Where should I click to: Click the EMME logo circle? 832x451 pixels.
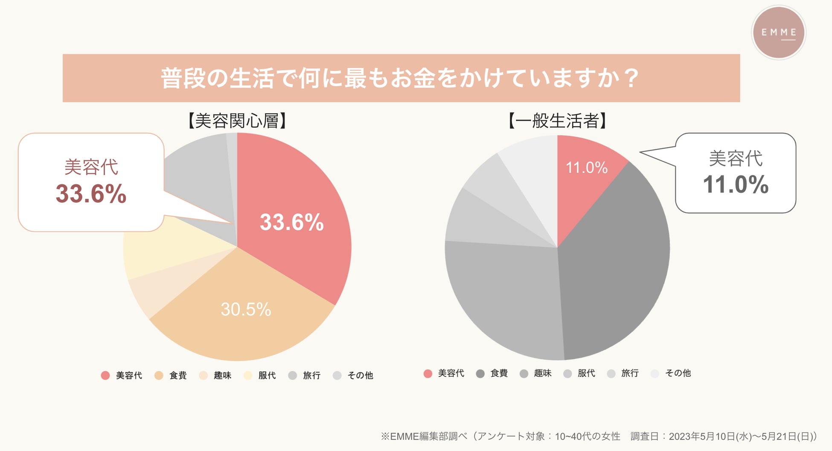point(778,32)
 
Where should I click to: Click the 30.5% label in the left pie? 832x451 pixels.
point(246,309)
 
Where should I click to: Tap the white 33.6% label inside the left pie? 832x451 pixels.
point(292,222)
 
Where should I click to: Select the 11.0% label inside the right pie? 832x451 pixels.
point(586,168)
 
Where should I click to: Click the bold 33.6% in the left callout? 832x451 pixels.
point(91,194)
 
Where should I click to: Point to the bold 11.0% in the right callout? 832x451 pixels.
point(735,185)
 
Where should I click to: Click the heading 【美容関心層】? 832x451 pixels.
point(237,121)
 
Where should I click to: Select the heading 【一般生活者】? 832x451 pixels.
point(557,121)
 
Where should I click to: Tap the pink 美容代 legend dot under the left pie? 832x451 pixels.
point(105,375)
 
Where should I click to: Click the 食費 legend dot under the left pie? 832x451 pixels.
point(159,375)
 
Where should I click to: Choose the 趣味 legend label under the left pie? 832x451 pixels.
point(222,375)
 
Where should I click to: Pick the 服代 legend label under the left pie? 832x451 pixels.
point(267,375)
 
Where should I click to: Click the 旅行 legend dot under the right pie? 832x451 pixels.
point(611,374)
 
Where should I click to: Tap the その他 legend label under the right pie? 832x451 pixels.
point(678,373)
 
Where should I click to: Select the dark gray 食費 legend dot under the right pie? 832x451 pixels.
point(480,374)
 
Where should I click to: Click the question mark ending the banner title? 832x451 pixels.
point(631,78)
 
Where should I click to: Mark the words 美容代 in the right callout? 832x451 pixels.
point(735,159)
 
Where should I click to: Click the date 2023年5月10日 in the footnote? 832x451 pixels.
point(701,436)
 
